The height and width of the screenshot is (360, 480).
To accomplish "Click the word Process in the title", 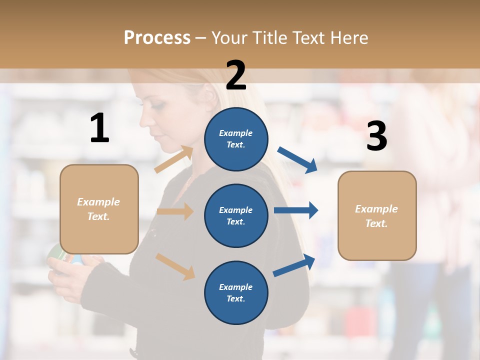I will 157,38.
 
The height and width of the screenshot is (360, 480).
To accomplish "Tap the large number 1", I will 99,128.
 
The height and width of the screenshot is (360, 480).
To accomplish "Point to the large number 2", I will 236,75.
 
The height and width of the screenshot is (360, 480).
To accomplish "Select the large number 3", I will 376,136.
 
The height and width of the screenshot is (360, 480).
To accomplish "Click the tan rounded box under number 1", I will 99,209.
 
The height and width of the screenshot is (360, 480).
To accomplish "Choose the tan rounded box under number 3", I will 377,215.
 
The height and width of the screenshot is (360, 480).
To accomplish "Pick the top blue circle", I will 236,139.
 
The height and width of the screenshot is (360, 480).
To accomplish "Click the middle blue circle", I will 236,215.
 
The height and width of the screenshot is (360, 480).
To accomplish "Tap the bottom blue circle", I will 236,292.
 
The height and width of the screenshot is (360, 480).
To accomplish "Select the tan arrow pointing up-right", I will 174,159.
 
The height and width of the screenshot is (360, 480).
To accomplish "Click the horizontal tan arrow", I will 175,211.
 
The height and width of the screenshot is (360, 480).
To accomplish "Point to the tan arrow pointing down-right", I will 175,266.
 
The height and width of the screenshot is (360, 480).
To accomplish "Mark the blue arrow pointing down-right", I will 297,159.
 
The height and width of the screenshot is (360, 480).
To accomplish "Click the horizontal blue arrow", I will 296,210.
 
